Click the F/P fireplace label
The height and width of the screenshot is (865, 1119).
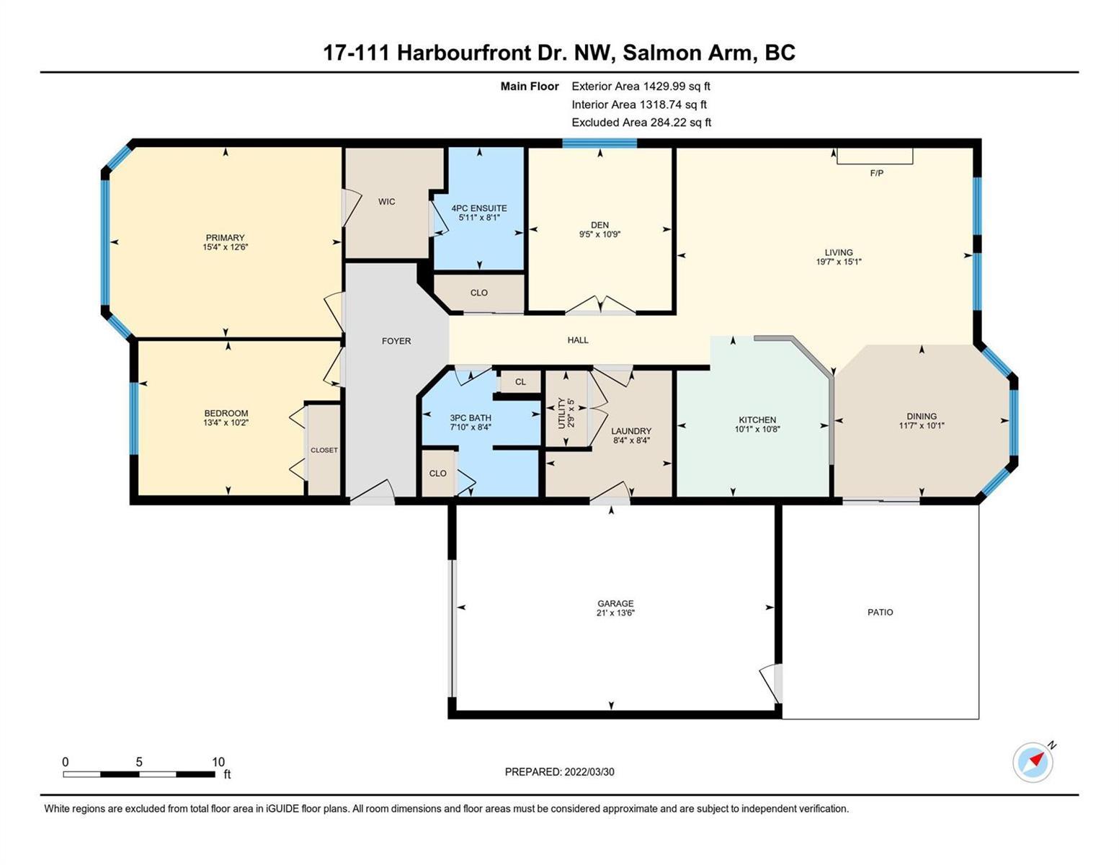(876, 173)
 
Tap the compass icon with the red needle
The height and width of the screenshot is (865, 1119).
(1033, 763)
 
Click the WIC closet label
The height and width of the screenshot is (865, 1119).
(387, 201)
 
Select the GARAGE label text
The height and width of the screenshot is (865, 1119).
(615, 603)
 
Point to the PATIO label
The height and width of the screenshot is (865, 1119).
(880, 612)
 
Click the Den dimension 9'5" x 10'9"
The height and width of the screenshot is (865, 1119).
(600, 234)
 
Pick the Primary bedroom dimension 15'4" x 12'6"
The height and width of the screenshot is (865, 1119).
(225, 247)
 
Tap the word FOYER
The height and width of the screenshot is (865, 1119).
(396, 340)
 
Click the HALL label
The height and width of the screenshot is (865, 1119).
(578, 340)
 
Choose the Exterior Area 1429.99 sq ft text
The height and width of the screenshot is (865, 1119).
(641, 86)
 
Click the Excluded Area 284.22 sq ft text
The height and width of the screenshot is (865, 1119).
(641, 122)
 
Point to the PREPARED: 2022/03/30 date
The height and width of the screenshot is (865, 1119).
(559, 772)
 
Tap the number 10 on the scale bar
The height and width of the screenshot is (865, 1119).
(218, 761)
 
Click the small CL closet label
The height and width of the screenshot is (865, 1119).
(521, 382)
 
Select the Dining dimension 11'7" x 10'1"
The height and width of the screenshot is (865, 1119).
(922, 425)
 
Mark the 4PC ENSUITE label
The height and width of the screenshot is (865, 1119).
(479, 208)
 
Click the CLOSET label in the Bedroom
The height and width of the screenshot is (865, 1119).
(324, 450)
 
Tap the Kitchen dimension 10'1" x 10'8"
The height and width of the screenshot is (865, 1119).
(757, 429)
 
